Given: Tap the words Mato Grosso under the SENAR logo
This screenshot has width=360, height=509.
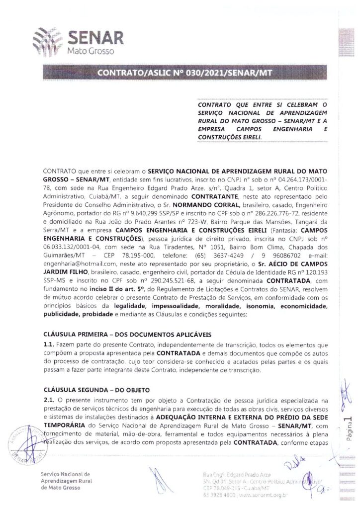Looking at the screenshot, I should click(89, 52).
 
